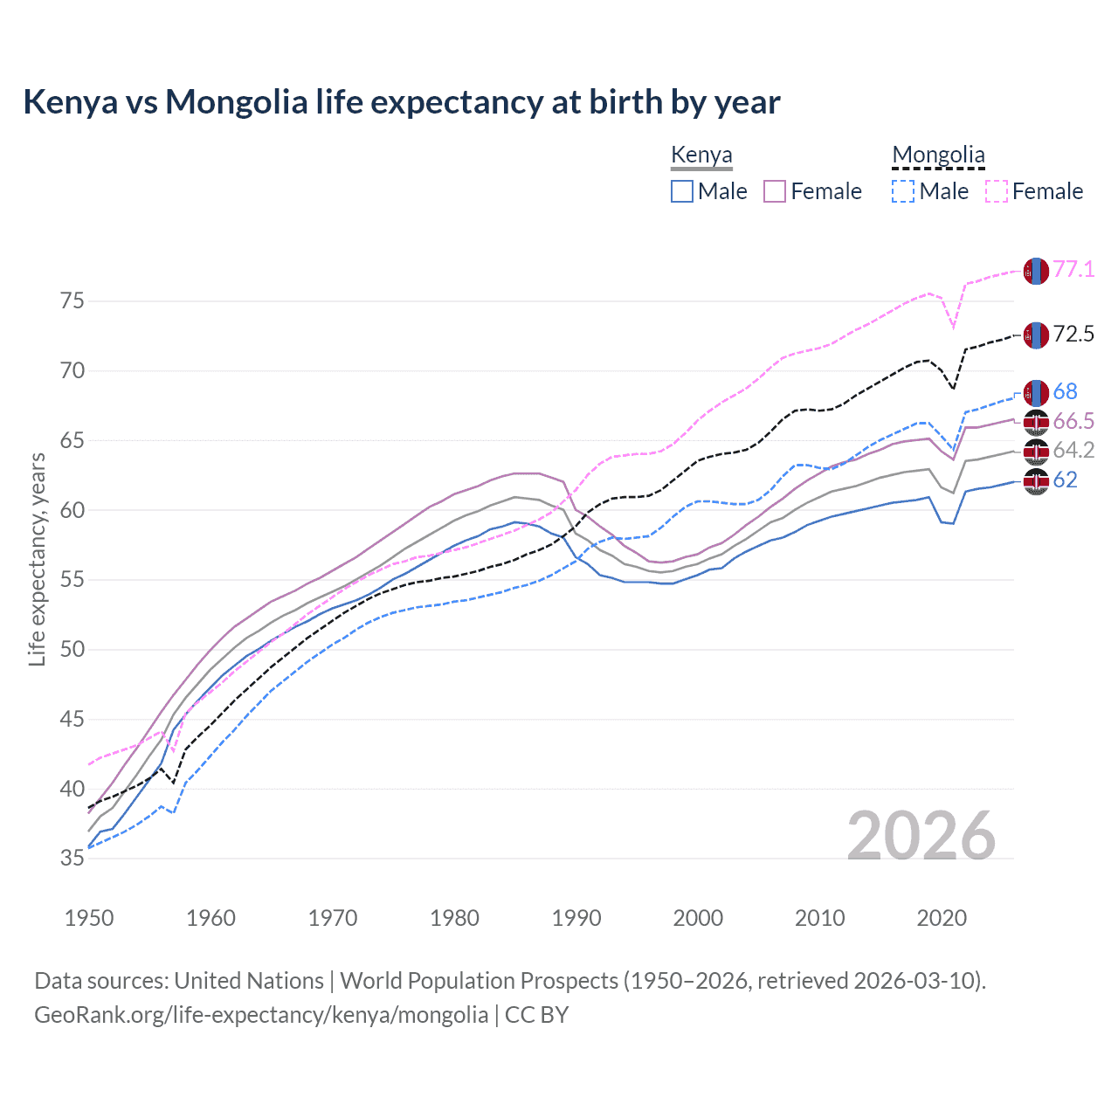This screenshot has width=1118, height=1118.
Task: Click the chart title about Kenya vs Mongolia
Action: click(x=401, y=102)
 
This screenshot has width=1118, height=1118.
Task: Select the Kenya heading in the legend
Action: click(x=701, y=155)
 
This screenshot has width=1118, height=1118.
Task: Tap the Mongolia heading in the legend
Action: click(x=938, y=155)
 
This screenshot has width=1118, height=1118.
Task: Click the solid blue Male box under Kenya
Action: click(x=682, y=191)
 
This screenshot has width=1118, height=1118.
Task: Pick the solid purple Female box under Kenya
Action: click(x=776, y=191)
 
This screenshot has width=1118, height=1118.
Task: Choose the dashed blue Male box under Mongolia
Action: click(x=904, y=191)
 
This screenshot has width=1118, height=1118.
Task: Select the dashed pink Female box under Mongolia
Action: click(x=997, y=191)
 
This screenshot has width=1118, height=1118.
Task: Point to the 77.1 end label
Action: click(x=1073, y=269)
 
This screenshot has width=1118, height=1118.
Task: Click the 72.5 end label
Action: click(x=1073, y=334)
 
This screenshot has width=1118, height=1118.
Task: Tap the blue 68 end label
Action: click(x=1065, y=391)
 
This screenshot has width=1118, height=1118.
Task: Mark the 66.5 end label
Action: click(x=1073, y=421)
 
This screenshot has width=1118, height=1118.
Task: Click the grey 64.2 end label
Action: click(x=1073, y=450)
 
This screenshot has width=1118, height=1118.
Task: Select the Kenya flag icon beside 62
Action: click(x=1036, y=480)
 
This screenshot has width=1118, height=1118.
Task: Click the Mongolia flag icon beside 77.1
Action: click(x=1036, y=271)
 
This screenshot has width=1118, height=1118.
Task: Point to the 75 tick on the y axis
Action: click(x=72, y=301)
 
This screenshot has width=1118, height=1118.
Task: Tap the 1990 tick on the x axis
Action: click(x=576, y=918)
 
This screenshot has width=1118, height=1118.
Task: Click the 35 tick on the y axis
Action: click(x=72, y=859)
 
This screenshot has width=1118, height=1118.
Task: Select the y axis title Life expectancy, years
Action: click(x=37, y=559)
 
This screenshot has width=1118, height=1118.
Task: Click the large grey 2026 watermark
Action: click(x=921, y=836)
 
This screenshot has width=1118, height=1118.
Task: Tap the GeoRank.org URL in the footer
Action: click(x=261, y=1015)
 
